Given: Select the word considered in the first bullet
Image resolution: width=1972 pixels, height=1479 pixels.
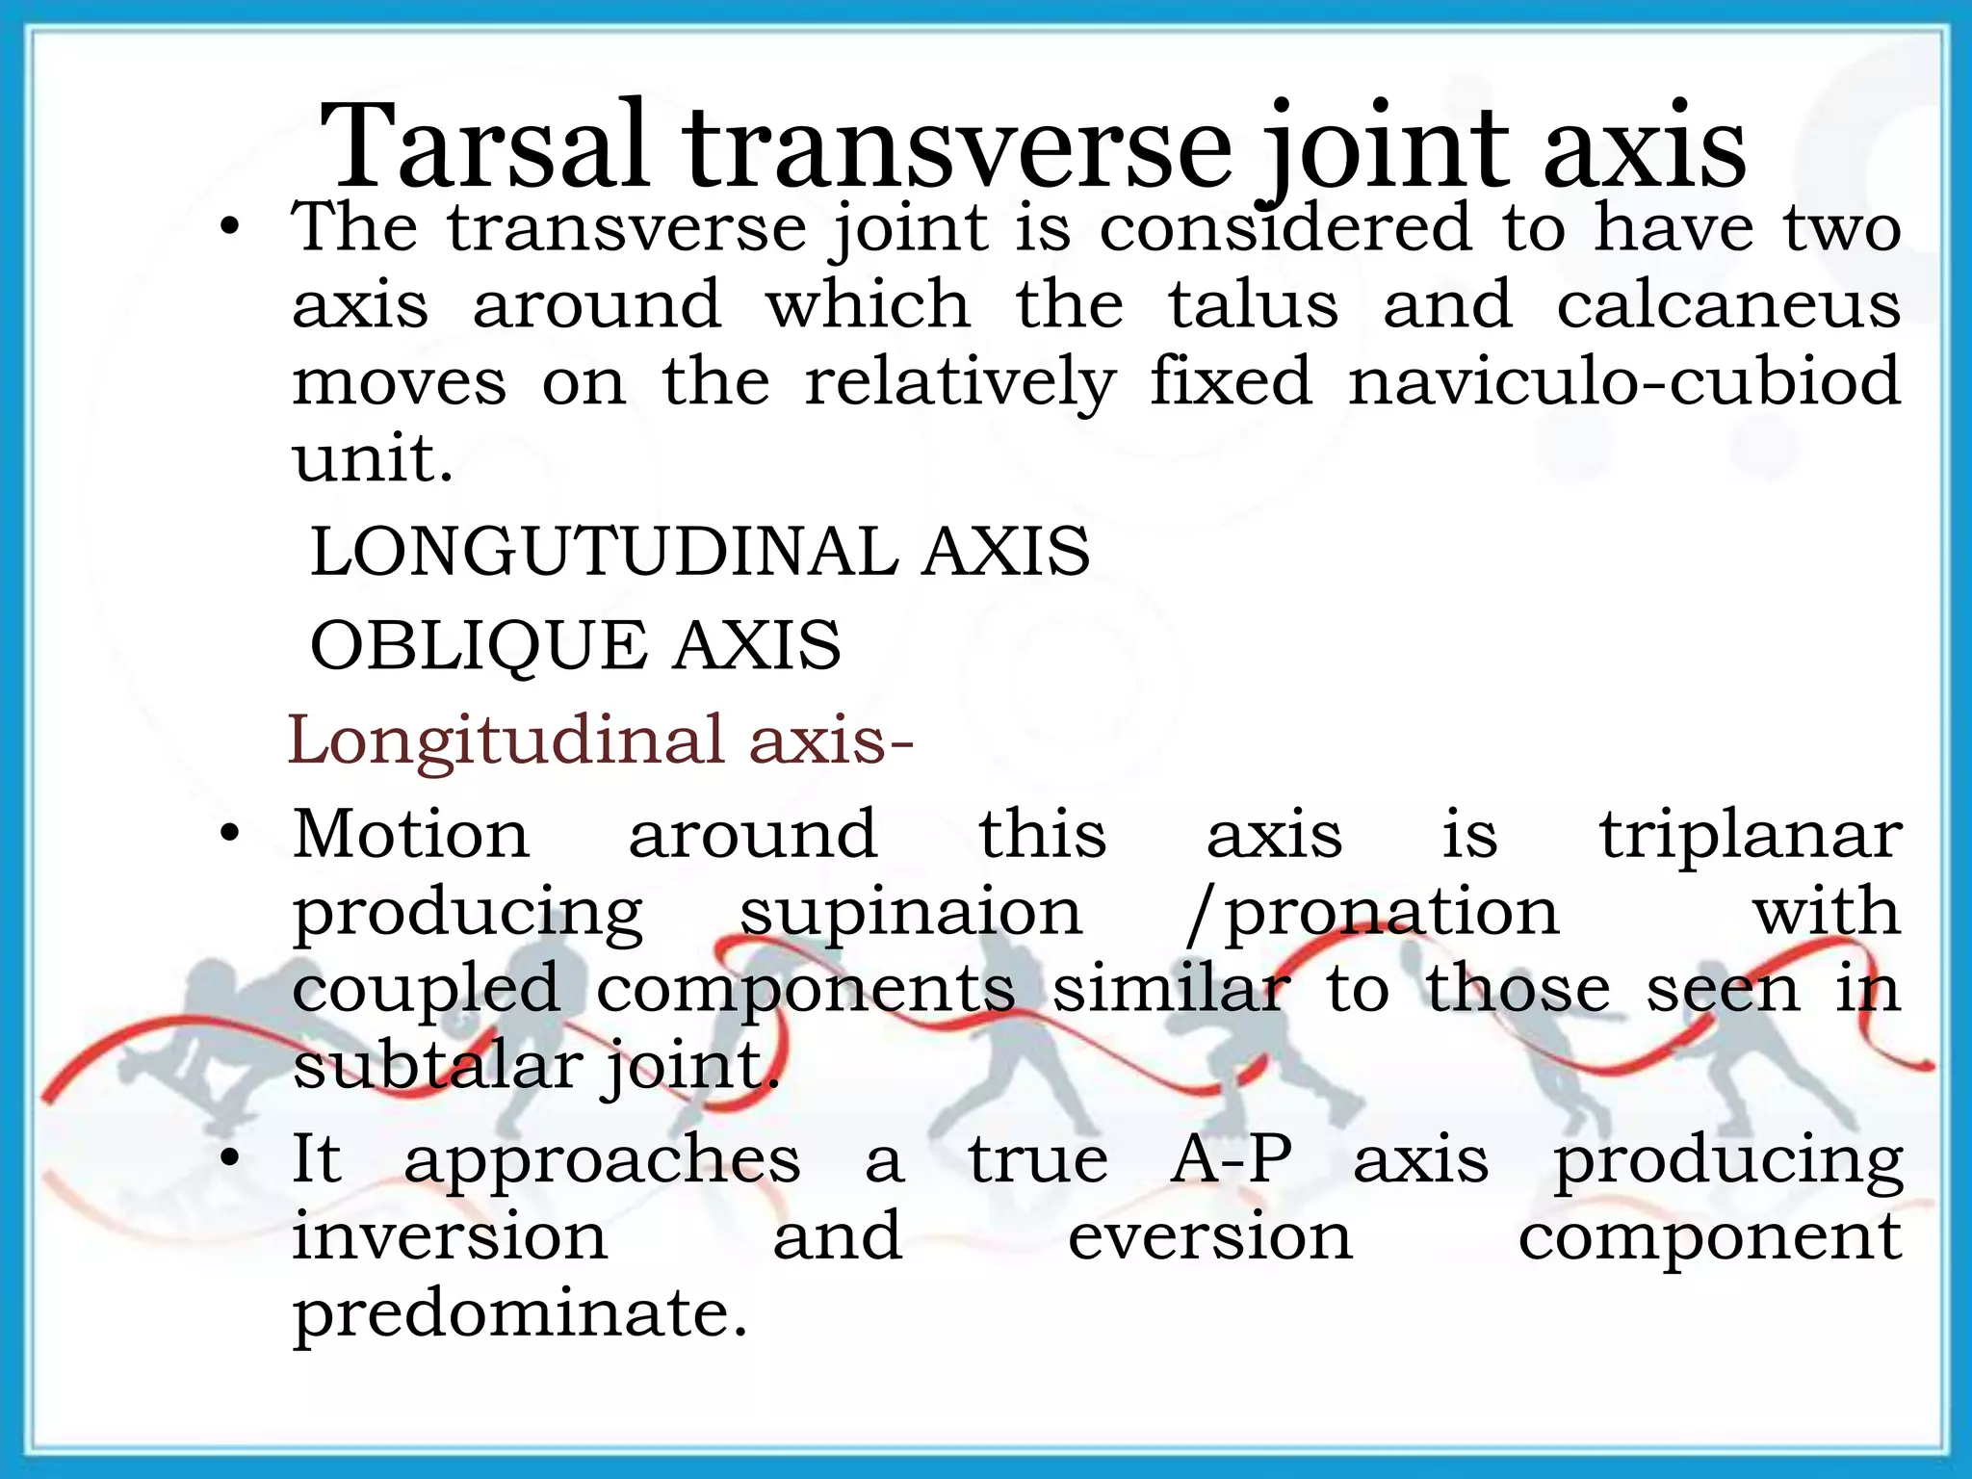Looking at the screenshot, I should pos(1285,229).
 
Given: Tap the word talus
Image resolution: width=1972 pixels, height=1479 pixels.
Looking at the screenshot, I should pos(1253,305).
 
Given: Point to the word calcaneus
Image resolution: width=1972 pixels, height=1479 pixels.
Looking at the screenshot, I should pos(1728,305).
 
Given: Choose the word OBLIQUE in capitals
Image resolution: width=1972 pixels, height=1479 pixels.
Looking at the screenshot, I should pos(479,646).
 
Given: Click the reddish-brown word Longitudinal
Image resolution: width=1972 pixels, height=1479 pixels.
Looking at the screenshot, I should pos(506,740).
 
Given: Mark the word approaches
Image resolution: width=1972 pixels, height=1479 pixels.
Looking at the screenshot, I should pos(602,1160).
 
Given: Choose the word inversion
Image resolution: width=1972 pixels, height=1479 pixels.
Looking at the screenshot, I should pos(450,1237).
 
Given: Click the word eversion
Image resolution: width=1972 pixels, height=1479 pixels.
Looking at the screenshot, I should pos(1210,1237).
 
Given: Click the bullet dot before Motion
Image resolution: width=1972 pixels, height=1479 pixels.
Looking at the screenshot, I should pos(228,835).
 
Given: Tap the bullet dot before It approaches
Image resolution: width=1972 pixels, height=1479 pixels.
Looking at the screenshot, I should pos(228,1160).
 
